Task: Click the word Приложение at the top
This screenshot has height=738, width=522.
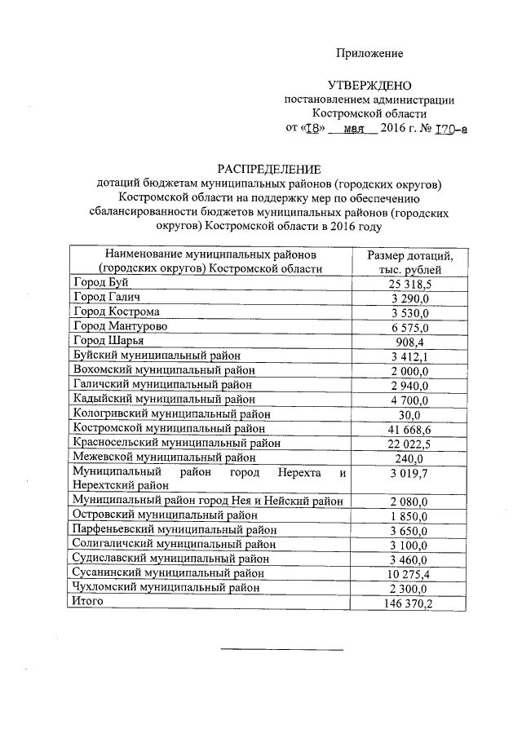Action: [x=370, y=53]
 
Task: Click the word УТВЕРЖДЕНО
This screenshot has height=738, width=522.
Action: [x=369, y=85]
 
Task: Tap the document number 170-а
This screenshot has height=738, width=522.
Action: [x=452, y=128]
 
